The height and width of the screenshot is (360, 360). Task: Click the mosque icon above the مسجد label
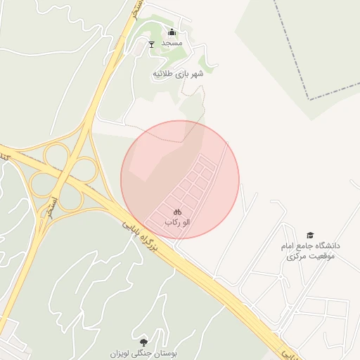tap(172, 32)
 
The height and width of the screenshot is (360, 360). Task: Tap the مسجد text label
tap(172, 43)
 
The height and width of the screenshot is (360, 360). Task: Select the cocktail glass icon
tap(151, 44)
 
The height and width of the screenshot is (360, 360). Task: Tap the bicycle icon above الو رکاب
tap(177, 211)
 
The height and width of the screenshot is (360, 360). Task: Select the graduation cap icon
tap(310, 235)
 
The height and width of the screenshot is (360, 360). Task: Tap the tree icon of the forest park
tap(145, 341)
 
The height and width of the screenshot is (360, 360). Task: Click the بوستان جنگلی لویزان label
tap(145, 352)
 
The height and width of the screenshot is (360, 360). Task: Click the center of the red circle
tap(180, 179)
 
